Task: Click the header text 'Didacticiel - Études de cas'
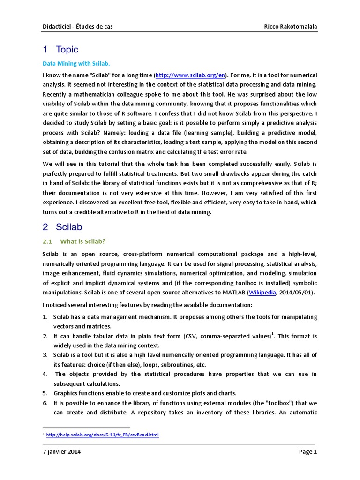(x=77, y=27)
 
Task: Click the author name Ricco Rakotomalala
(x=291, y=27)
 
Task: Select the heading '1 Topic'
(x=60, y=50)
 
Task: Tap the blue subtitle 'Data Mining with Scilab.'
(x=76, y=63)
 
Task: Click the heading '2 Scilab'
(x=62, y=227)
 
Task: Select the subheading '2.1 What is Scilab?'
(x=75, y=241)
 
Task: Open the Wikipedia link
(x=262, y=292)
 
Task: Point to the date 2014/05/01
(x=296, y=292)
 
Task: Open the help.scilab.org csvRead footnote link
(x=103, y=435)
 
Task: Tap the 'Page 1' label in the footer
(x=308, y=452)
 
